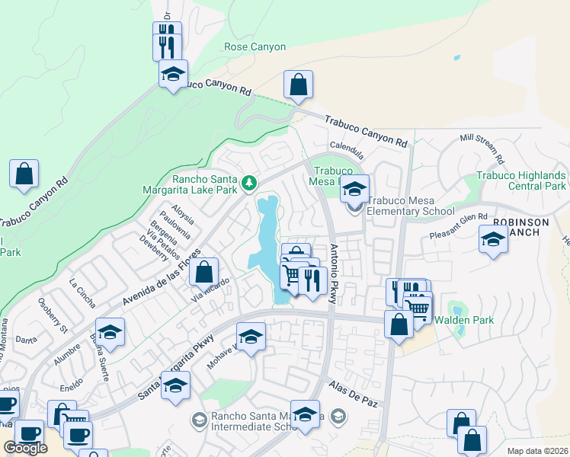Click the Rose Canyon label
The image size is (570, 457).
pos(255,47)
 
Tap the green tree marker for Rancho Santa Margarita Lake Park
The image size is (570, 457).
pos(248,183)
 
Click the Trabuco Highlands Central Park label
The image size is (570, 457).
pos(522,181)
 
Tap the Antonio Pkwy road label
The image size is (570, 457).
pos(333,274)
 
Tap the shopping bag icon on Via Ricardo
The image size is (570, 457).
pos(204,271)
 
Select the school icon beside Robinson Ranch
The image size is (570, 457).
pos(493,239)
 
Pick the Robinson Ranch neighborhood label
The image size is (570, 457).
pos(520,227)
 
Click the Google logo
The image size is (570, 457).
pos(26,448)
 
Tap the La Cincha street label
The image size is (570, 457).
pos(82,293)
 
